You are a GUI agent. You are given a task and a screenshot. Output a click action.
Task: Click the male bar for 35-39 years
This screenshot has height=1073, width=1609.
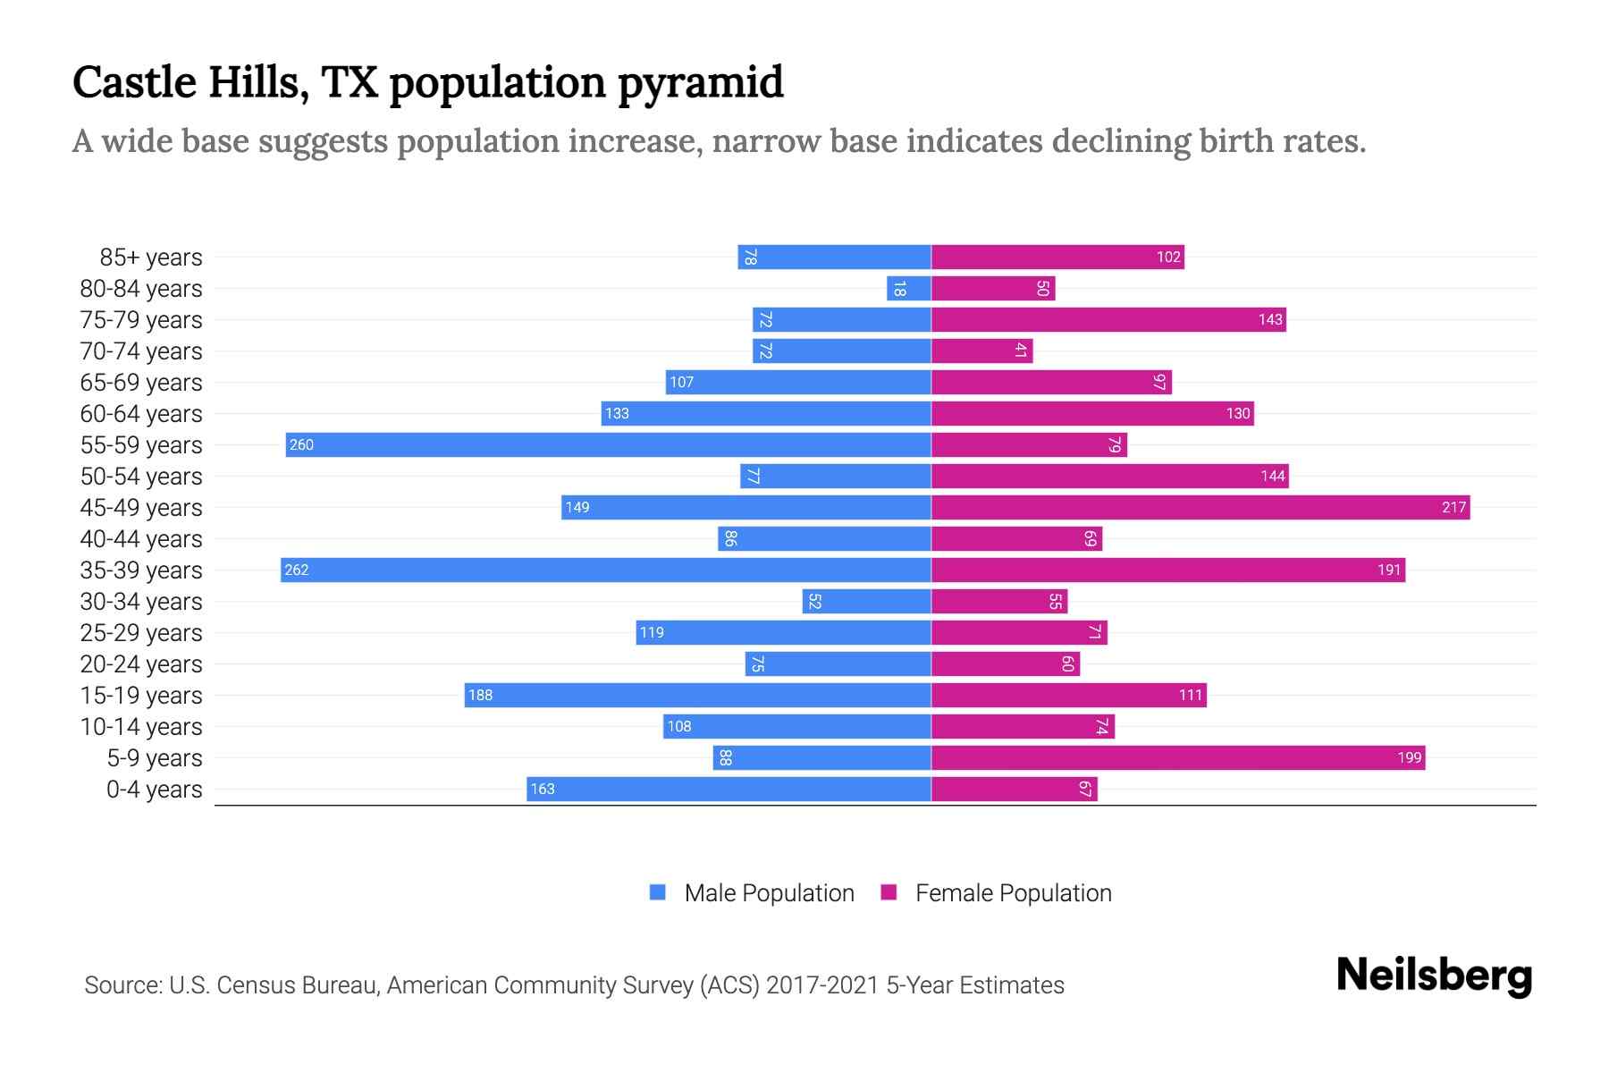[606, 570]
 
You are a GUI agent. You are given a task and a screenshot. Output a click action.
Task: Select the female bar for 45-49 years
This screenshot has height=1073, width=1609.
[1200, 508]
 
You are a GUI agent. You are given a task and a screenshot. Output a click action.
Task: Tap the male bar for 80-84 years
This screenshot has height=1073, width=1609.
[909, 289]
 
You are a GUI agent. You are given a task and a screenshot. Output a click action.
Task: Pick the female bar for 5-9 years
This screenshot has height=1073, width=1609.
[1178, 758]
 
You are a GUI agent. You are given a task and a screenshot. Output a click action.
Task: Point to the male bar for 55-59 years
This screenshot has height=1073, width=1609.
[609, 445]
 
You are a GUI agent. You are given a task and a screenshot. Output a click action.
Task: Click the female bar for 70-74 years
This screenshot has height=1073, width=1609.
[981, 351]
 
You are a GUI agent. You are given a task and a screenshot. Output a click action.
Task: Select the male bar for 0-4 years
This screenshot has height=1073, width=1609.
[729, 790]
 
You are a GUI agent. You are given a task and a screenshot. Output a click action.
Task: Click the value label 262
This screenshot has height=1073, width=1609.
[297, 570]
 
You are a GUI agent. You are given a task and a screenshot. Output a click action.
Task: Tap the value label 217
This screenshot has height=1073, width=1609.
[1453, 508]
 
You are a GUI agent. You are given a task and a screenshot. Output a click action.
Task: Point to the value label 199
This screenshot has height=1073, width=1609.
[1409, 758]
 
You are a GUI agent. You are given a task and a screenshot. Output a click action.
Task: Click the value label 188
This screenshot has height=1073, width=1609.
[481, 696]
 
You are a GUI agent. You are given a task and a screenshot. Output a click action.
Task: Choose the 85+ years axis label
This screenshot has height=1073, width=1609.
[151, 258]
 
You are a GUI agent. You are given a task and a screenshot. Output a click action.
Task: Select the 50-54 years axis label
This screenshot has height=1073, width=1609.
[141, 477]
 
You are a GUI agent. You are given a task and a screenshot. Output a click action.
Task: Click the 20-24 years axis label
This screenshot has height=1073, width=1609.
[141, 664]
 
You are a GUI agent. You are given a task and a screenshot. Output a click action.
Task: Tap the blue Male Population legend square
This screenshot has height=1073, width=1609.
[658, 892]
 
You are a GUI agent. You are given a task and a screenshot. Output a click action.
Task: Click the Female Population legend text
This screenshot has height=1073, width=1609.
[1013, 893]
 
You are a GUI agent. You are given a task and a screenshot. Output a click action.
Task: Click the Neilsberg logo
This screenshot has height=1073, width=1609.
[1434, 976]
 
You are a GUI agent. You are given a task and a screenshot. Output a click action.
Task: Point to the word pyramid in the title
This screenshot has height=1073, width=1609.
[701, 82]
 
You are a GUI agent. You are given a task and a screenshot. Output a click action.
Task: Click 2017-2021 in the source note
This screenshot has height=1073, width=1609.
[822, 985]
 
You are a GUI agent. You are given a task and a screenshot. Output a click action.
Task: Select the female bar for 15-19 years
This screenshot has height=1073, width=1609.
[1069, 696]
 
